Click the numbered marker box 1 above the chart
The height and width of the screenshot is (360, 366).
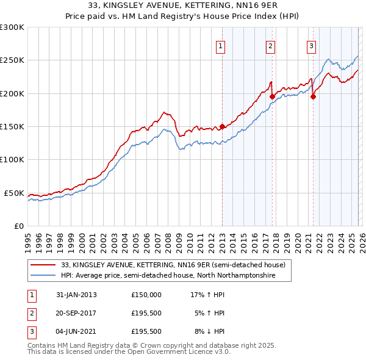(x=220, y=45)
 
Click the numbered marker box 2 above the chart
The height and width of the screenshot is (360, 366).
(x=270, y=45)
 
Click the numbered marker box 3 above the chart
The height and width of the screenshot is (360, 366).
(x=311, y=45)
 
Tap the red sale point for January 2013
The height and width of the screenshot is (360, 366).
(x=222, y=127)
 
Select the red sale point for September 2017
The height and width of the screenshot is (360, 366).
(x=272, y=96)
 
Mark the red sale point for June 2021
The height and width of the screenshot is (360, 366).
(x=313, y=96)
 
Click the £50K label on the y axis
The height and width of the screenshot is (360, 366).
(x=14, y=193)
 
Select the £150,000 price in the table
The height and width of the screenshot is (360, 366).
(x=146, y=295)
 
